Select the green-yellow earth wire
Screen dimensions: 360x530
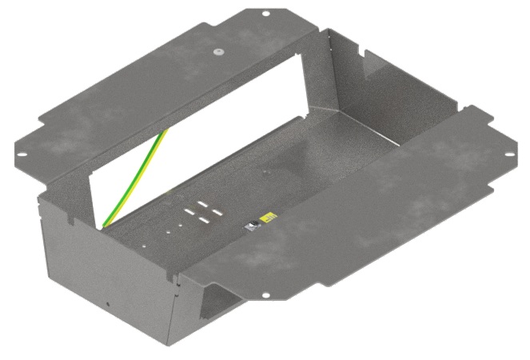click(x=136, y=176)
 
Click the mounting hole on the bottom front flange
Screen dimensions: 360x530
click(x=265, y=295)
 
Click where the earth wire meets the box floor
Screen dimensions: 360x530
click(x=102, y=225)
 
